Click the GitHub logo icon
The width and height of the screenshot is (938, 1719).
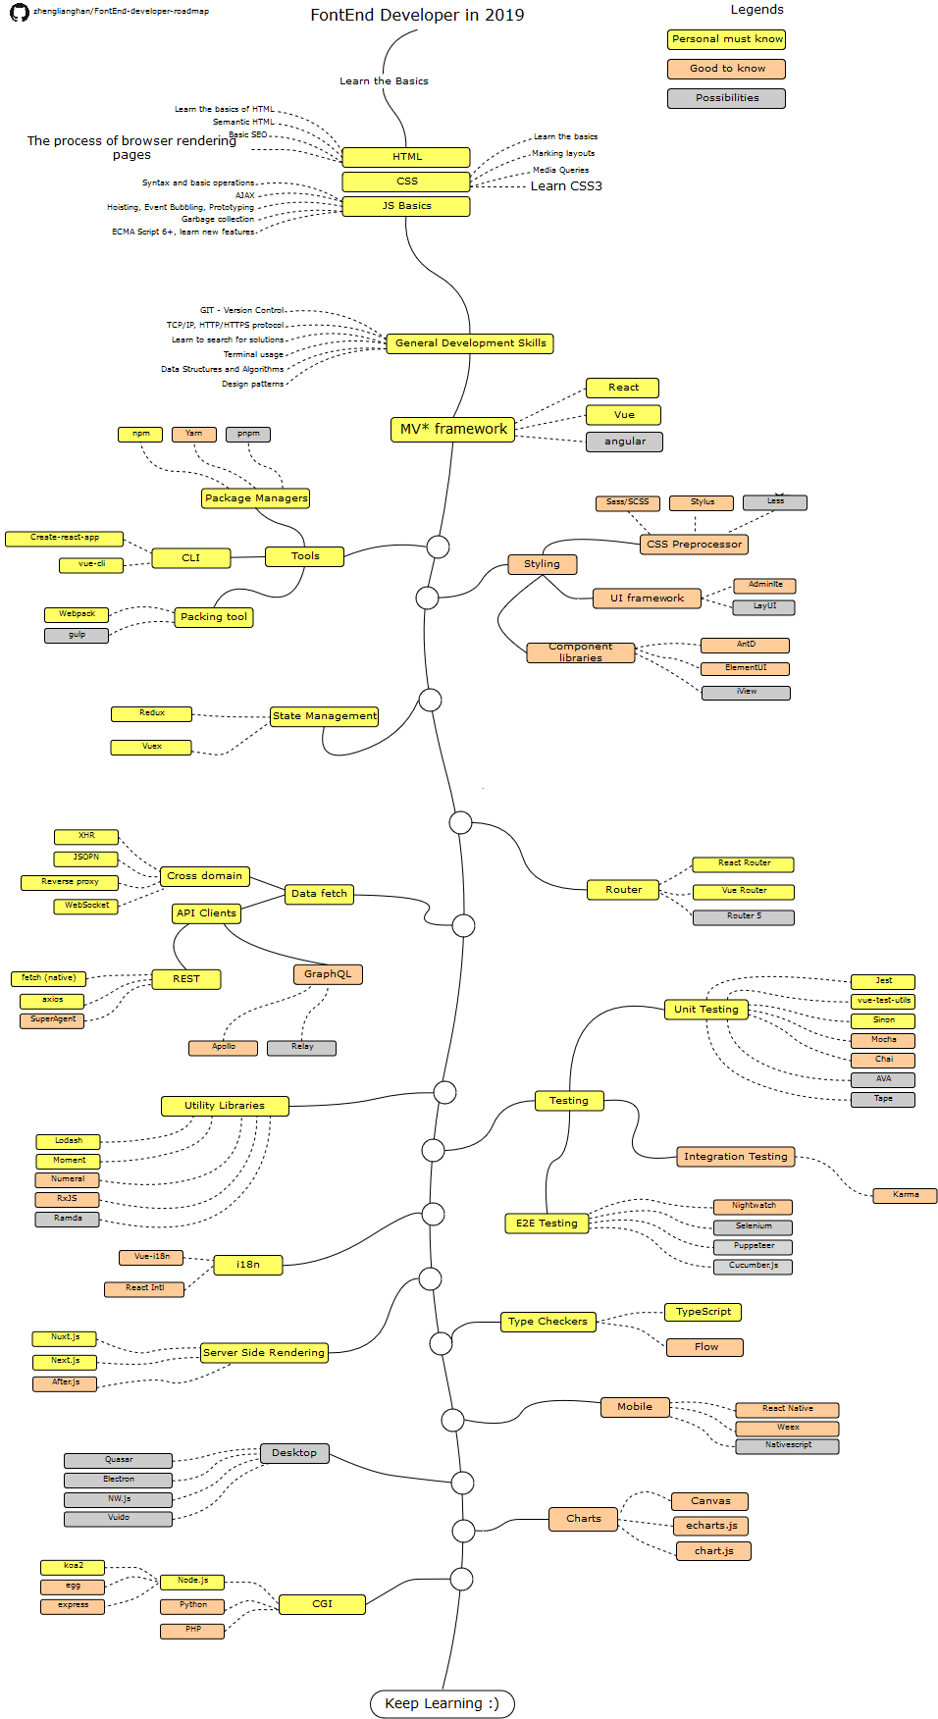(x=19, y=13)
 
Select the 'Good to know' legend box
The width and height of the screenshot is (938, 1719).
(x=726, y=69)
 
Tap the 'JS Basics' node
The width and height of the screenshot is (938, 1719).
(x=406, y=206)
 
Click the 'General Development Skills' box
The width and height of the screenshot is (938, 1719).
(x=470, y=343)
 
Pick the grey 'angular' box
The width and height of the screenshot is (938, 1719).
(x=624, y=442)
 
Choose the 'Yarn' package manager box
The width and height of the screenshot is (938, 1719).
(x=194, y=434)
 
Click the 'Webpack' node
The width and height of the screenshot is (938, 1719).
(x=77, y=614)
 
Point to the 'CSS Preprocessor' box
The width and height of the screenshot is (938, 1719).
(x=694, y=545)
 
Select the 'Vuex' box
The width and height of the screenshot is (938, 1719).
(x=151, y=747)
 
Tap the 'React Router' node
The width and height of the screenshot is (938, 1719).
(x=743, y=863)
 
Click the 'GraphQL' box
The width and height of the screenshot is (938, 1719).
(x=328, y=974)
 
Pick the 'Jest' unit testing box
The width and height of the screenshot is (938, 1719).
(x=883, y=981)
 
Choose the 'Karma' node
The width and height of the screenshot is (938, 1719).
(x=905, y=1195)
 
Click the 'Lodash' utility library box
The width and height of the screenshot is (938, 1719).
(x=69, y=1141)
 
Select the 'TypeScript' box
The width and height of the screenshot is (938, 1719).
(x=703, y=1312)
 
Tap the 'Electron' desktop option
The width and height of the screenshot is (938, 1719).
(x=118, y=1480)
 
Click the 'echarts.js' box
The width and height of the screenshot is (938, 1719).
(x=711, y=1526)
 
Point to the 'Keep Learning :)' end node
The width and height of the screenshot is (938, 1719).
(x=442, y=1703)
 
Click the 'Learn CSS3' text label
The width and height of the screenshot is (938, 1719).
(x=566, y=186)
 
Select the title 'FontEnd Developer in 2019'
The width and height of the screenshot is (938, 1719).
(x=417, y=15)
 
